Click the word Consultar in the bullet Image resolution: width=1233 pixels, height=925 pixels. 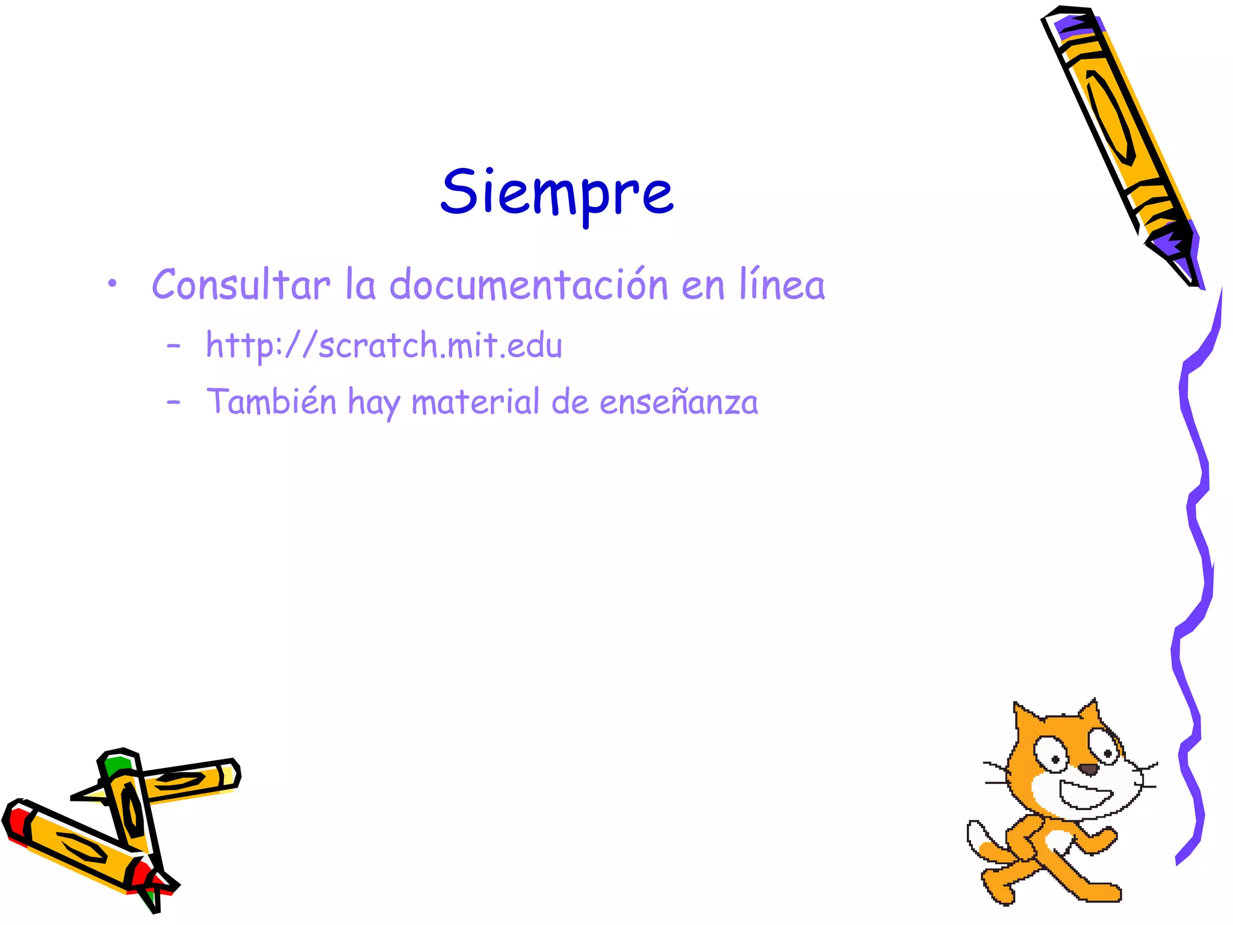241,284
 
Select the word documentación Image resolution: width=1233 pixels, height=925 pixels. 529,284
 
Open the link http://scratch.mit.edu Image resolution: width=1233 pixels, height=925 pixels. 384,346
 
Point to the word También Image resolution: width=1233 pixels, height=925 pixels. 272,402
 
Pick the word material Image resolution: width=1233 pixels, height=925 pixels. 476,402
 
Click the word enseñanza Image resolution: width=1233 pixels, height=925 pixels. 679,402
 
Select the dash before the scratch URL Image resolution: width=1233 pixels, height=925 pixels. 174,346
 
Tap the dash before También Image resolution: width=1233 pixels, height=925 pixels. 174,402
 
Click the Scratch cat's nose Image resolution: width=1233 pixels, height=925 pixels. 1088,769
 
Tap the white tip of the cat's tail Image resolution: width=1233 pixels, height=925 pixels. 977,835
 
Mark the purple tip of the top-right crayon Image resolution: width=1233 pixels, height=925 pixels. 1177,253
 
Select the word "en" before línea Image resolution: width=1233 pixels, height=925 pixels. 703,285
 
